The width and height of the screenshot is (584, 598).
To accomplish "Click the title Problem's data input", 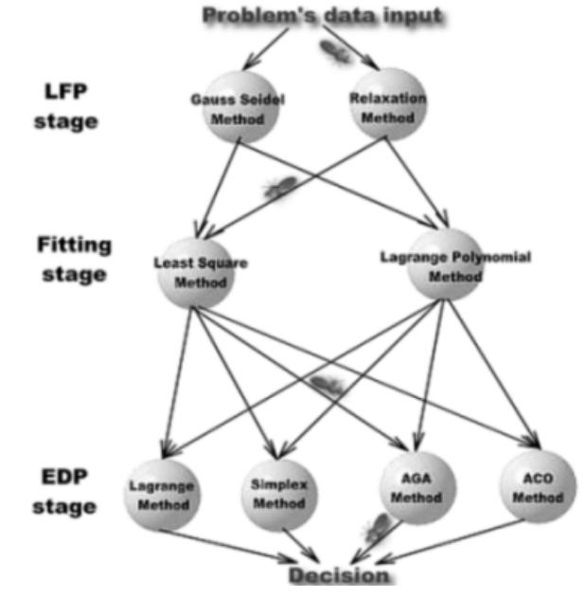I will coord(323,16).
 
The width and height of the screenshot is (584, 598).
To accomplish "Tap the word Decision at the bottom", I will coord(338,575).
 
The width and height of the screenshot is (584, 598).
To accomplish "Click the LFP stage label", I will coord(67,106).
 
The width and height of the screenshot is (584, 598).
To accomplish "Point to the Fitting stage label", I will coord(73,260).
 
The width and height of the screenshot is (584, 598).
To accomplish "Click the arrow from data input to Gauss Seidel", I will coord(270,43).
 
